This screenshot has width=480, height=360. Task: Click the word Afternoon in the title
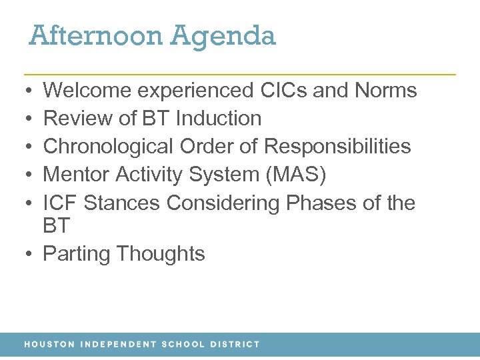click(x=95, y=35)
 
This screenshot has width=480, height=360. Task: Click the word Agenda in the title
click(x=223, y=37)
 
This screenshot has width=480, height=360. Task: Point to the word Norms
click(x=389, y=91)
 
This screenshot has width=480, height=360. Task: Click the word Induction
click(x=219, y=119)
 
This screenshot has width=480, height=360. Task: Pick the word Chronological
click(x=109, y=147)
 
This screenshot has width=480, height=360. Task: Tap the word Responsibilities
click(x=338, y=147)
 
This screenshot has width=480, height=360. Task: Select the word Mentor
click(x=76, y=175)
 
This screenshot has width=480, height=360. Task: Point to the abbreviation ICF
click(x=60, y=203)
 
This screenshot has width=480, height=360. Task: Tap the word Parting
click(x=77, y=254)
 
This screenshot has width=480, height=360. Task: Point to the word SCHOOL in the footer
click(x=183, y=345)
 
